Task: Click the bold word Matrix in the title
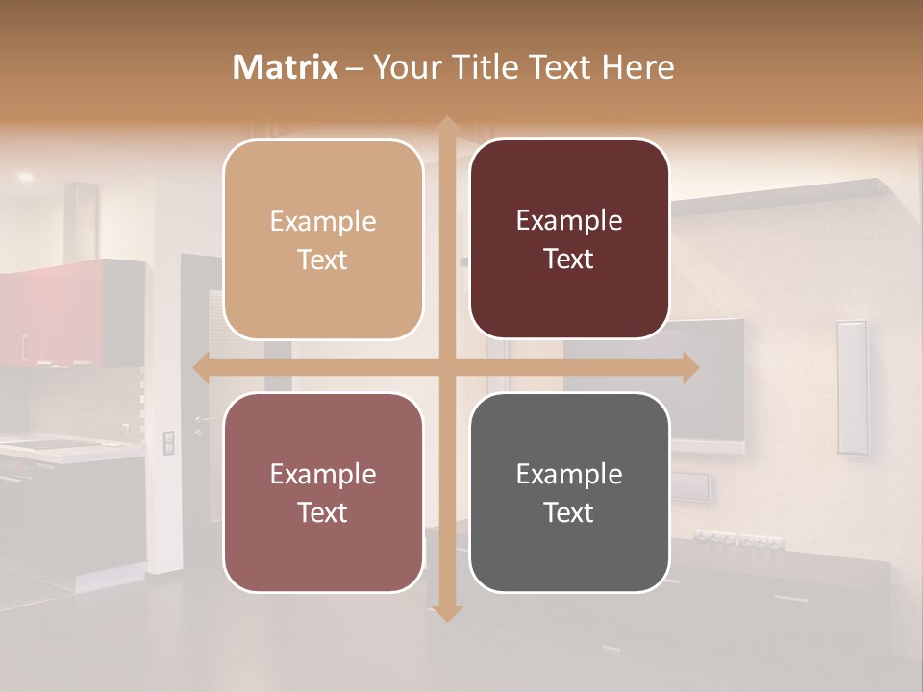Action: (286, 67)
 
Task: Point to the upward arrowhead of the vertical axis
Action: (447, 124)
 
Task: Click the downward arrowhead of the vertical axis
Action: (447, 612)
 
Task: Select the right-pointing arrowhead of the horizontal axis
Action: (689, 368)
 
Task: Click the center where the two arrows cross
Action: (447, 368)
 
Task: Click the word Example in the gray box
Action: (569, 474)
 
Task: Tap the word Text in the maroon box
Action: (569, 259)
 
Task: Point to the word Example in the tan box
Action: (323, 222)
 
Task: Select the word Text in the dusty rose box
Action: (323, 512)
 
